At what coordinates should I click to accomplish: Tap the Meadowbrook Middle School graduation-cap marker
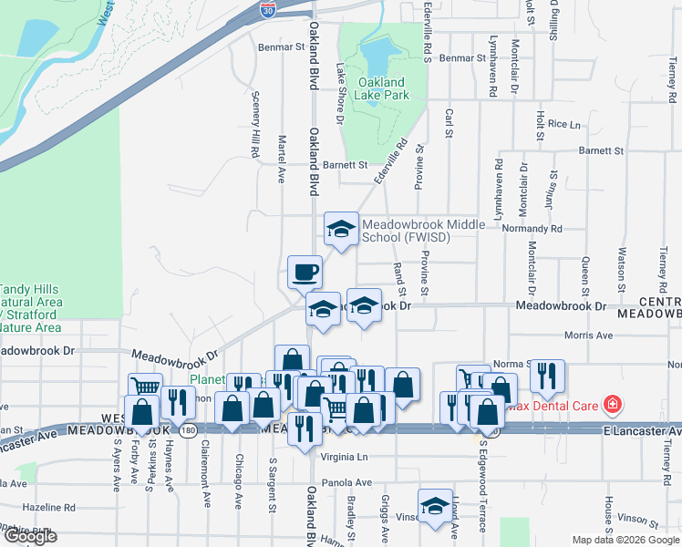tap(341, 229)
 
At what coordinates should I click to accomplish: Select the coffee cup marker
tap(304, 271)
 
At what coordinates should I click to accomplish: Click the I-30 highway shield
tap(266, 9)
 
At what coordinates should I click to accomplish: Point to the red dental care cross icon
tap(613, 403)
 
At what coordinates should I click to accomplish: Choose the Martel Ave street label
tap(282, 159)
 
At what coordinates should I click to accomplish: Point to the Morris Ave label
tap(588, 336)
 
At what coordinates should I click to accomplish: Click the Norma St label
tap(512, 364)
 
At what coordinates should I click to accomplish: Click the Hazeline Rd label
tap(49, 507)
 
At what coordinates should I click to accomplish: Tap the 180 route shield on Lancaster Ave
tap(188, 429)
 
